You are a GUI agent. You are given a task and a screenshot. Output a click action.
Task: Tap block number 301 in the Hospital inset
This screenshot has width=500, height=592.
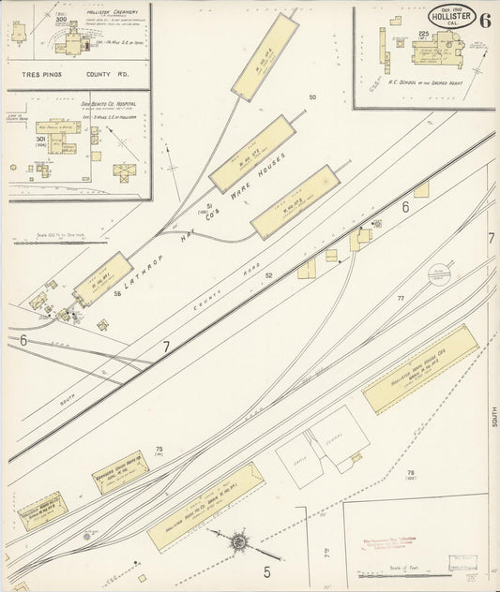[x=40, y=139]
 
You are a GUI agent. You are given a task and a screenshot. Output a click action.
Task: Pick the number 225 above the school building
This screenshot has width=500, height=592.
[x=423, y=34]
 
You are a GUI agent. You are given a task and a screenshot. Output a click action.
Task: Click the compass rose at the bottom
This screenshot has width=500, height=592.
[x=238, y=540]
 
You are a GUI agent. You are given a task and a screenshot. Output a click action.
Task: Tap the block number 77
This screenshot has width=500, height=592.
[x=401, y=298]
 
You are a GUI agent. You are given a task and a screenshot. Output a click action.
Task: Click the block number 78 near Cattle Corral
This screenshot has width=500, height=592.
[x=410, y=471]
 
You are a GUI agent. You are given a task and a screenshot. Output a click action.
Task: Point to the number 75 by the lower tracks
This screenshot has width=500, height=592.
[x=159, y=450]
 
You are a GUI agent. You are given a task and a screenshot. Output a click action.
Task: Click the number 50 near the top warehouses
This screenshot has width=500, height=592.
[x=312, y=97]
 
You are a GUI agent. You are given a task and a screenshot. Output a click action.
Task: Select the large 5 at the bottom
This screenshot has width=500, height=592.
[x=267, y=570]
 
